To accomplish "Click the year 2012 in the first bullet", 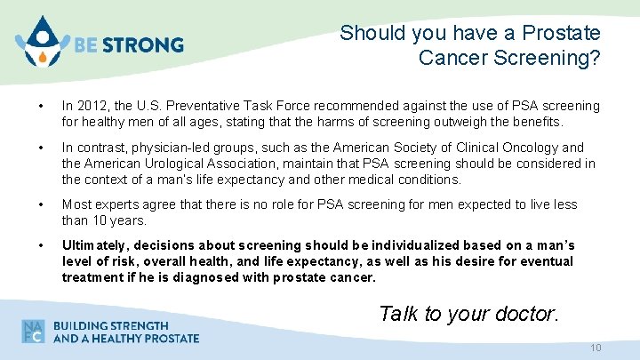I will click(91, 106).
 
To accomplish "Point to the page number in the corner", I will click(596, 348).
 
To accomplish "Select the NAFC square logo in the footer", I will click(34, 331).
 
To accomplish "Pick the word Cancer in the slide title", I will click(454, 58).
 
